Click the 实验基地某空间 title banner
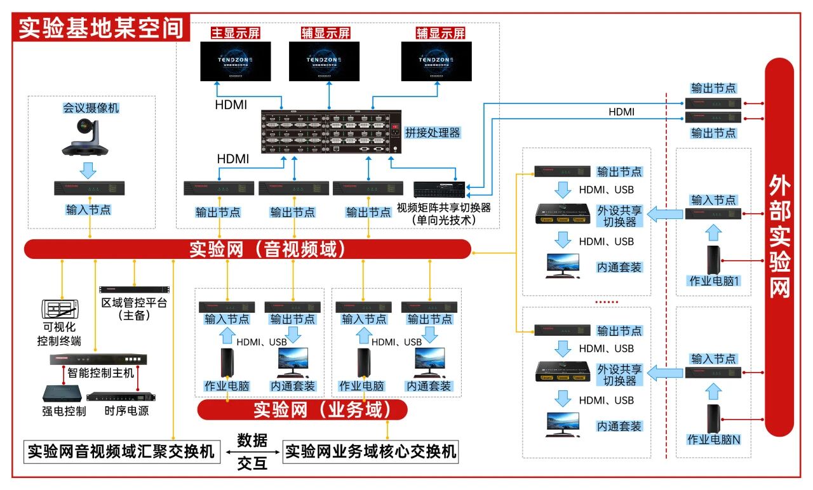pos(101,29)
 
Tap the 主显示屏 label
pos(236,33)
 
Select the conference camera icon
pos(85,137)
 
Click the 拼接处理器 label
pos(433,133)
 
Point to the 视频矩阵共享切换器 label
pos(444,208)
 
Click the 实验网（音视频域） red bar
pos(248,249)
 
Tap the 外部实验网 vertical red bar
pos(779,248)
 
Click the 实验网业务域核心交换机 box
pos(371,452)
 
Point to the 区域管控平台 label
pos(134,303)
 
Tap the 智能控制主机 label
pos(101,373)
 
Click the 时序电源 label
pos(126,411)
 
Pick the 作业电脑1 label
pos(714,281)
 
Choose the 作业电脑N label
pos(714,439)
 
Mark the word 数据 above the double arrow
pos(252,440)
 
